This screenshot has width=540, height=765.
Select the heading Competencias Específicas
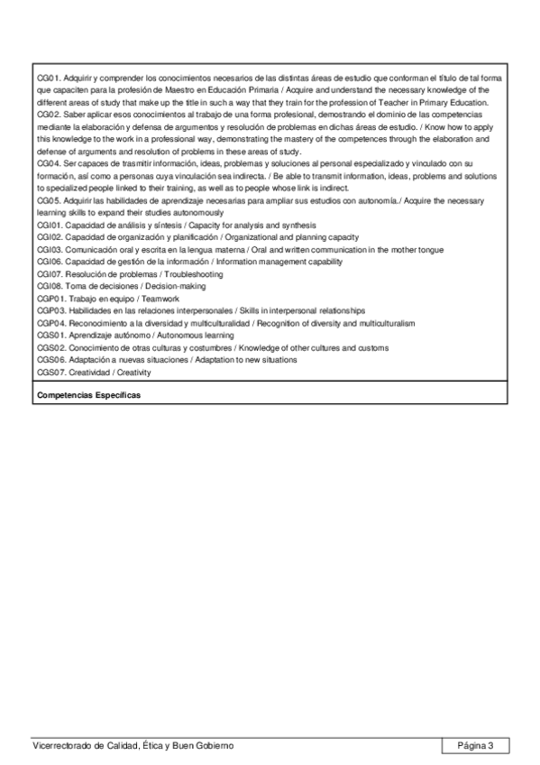[x=89, y=395]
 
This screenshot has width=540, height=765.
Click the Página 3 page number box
[x=476, y=745]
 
